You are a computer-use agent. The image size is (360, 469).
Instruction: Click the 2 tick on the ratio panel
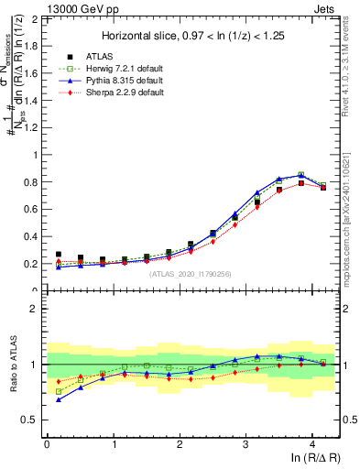36,309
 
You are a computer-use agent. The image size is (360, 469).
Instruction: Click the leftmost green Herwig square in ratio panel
60,391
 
